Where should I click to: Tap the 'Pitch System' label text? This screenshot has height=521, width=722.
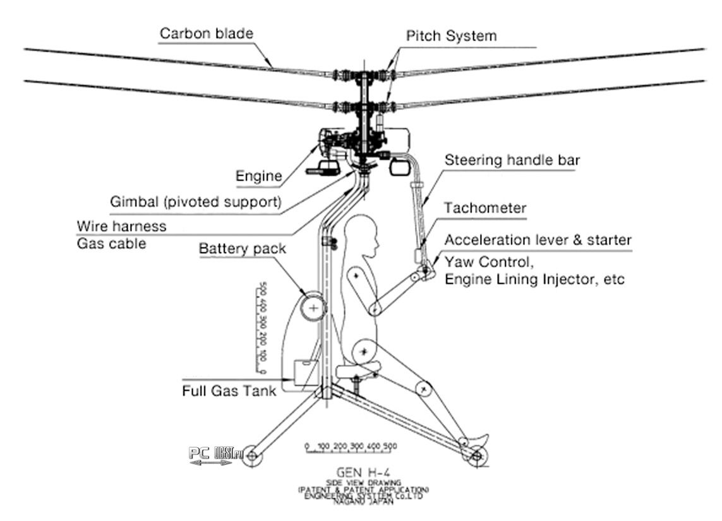coord(451,35)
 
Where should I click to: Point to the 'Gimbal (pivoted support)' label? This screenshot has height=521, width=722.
coord(195,203)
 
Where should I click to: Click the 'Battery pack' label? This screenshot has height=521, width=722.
coord(243,248)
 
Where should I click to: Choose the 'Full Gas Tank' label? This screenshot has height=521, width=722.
coord(229,391)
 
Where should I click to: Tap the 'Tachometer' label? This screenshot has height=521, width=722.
coord(485,208)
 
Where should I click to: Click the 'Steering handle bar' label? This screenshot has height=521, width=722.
coord(512,160)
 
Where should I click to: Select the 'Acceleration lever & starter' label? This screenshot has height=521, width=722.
coord(538,241)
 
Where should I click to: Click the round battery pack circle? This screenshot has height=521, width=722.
coord(313,306)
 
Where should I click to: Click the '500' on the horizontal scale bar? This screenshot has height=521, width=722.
coord(390,446)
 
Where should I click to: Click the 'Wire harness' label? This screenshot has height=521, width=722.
coord(121,226)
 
